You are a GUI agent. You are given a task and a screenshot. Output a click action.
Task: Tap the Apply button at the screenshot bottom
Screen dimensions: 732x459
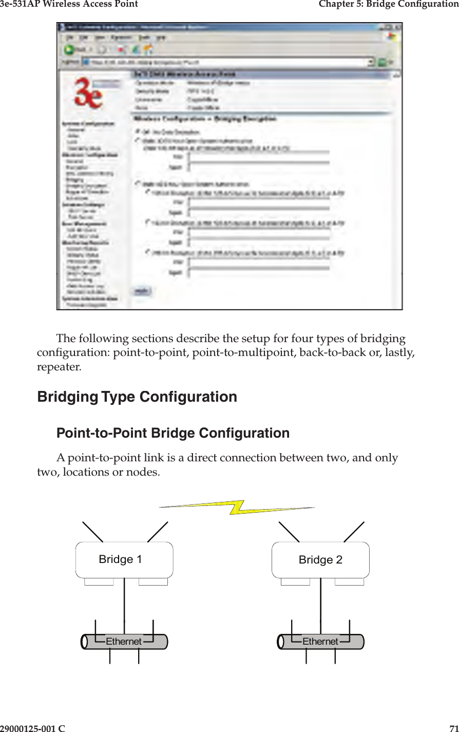coord(142,291)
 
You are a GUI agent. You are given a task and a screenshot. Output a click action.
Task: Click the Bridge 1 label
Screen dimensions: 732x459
coord(120,559)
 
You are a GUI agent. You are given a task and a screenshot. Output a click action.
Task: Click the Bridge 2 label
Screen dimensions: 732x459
coord(320,560)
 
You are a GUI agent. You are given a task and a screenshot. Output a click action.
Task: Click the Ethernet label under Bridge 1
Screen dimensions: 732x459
coord(123,642)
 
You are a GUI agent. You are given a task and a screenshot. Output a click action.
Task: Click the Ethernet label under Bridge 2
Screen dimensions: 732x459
coord(320,642)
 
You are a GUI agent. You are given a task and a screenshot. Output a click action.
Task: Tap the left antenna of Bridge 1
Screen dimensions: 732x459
coord(92,532)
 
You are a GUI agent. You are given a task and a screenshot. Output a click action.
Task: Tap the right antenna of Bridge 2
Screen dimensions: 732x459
coord(354,532)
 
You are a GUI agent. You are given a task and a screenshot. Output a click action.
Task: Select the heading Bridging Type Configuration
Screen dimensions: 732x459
coord(137,397)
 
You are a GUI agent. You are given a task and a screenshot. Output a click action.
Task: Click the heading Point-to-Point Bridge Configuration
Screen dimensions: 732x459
coord(173,433)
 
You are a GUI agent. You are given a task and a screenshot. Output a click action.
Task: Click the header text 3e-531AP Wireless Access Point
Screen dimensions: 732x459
coord(69,4)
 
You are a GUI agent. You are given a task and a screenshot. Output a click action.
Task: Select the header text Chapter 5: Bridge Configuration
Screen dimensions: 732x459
coord(388,4)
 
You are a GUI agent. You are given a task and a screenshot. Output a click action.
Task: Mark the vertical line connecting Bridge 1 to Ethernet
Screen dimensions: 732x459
coord(124,606)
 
